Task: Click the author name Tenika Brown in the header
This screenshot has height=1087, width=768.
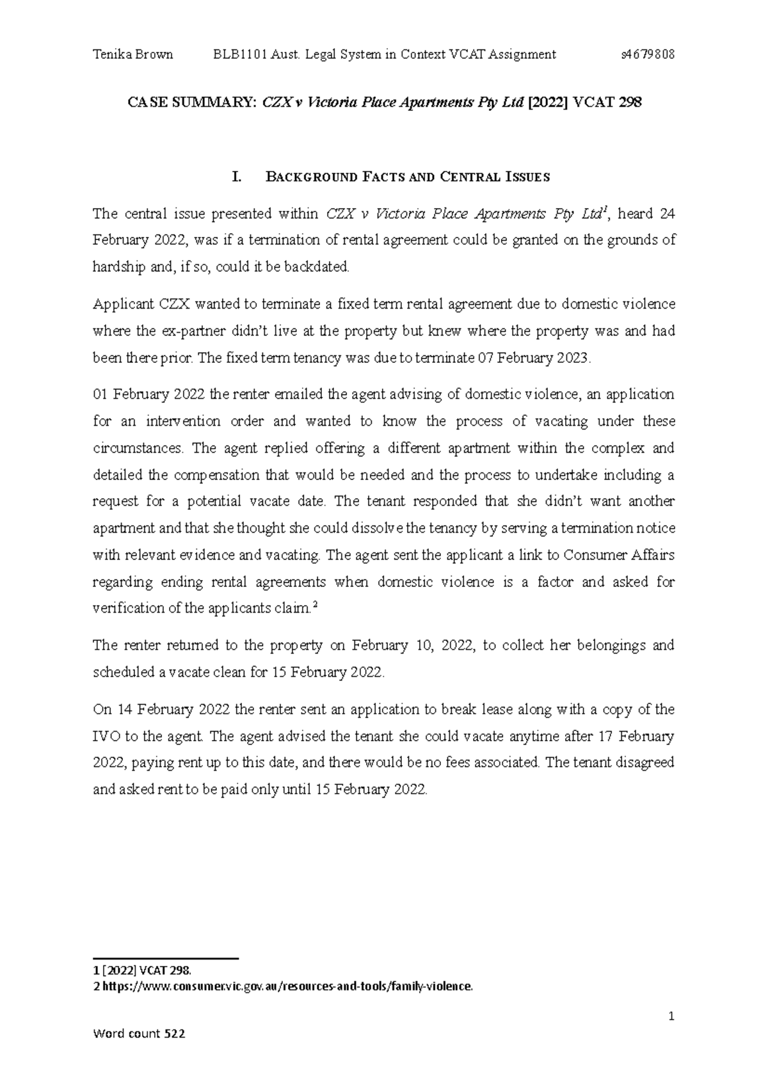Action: [x=132, y=54]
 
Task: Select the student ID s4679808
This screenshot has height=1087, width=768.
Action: [x=648, y=54]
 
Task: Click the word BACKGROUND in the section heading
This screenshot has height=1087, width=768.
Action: [x=310, y=177]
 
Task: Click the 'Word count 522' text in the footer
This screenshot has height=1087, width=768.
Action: [x=140, y=1052]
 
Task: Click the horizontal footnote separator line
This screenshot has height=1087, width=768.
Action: [x=166, y=958]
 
